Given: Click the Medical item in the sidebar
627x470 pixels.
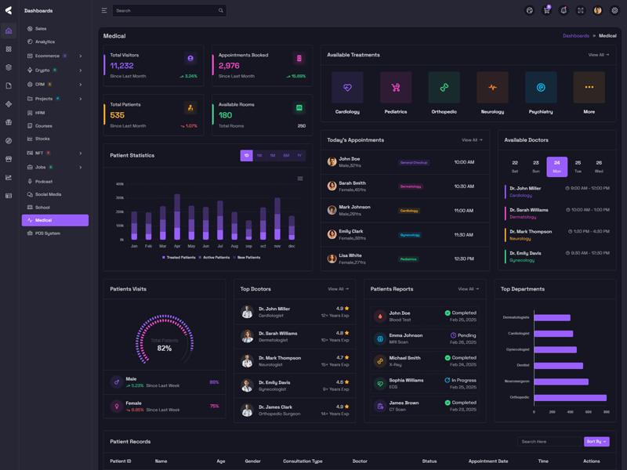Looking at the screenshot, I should point(44,220).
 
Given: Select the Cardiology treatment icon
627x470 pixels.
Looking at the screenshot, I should point(347,88).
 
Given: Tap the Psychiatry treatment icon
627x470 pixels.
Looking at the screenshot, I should point(541,88).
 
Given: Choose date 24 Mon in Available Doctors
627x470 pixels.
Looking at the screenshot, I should point(556,166).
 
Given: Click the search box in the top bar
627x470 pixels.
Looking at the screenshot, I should point(165,10).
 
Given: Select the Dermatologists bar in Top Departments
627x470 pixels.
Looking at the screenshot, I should point(552,317).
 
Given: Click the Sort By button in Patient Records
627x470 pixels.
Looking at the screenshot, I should point(596,442).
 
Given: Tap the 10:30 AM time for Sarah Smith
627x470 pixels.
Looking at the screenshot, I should point(463,186).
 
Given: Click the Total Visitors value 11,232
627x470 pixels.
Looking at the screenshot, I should point(121,66).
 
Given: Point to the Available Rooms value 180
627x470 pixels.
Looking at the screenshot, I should point(225,115).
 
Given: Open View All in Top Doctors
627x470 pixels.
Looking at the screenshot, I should point(338,289).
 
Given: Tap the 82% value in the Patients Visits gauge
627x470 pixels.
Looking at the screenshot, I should point(164,348).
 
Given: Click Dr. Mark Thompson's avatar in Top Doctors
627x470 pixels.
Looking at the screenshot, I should point(247,361).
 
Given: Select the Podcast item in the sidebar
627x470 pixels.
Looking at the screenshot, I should point(43,181).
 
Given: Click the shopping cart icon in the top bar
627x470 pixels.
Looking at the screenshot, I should point(546,10).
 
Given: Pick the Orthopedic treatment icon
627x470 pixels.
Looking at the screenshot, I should point(444,88).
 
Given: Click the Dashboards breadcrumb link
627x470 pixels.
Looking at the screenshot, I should point(575,36).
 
